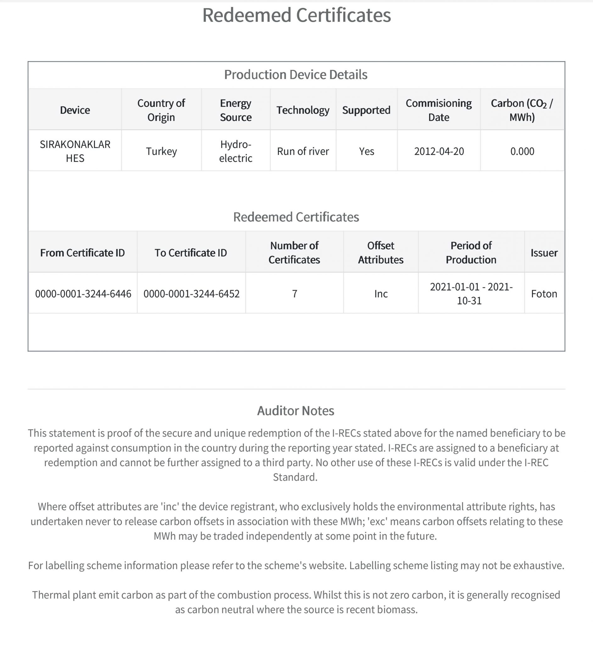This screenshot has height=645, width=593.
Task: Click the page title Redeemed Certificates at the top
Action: (x=296, y=15)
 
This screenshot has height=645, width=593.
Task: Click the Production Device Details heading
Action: (x=295, y=75)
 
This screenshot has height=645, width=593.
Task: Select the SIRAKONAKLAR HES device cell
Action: (x=75, y=151)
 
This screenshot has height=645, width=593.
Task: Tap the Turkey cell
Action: (x=161, y=151)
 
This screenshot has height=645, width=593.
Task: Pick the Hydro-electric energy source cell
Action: (x=236, y=151)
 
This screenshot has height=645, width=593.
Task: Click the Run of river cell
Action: (x=303, y=151)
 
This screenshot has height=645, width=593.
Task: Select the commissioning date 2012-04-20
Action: (x=439, y=151)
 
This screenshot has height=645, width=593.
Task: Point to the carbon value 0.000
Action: (x=522, y=151)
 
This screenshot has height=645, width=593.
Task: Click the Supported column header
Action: (x=366, y=110)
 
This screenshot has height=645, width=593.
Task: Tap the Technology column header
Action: (x=303, y=110)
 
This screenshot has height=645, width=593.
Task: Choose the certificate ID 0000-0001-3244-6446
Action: (x=83, y=294)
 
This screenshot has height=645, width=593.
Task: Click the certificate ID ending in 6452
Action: (x=191, y=294)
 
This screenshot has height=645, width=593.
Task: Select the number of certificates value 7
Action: (x=294, y=294)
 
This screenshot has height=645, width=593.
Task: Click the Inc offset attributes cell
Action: (x=381, y=294)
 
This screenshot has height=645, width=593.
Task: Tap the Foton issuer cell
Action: (x=544, y=294)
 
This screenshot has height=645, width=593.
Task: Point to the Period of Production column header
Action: (x=471, y=253)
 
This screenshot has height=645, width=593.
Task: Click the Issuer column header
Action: (x=544, y=253)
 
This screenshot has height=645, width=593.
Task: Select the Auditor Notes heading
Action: (x=295, y=410)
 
